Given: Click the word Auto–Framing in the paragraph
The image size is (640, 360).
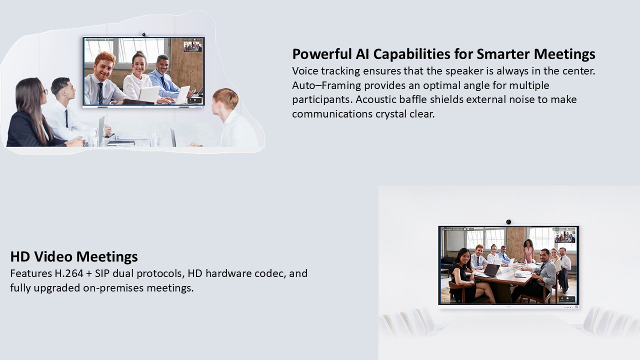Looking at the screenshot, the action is [326, 85].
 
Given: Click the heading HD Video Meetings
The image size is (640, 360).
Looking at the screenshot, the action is [74, 256].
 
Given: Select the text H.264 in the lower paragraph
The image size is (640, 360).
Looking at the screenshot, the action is [69, 273].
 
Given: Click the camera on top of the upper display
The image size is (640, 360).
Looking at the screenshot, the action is [144, 34].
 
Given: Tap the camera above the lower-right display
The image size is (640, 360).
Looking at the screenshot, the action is [508, 221].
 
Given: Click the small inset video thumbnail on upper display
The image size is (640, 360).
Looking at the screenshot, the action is [192, 46].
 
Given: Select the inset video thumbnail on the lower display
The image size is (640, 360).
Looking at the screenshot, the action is [565, 237].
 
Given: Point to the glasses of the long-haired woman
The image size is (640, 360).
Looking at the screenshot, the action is [45, 91].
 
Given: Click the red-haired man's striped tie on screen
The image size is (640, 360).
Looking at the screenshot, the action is [100, 93].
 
